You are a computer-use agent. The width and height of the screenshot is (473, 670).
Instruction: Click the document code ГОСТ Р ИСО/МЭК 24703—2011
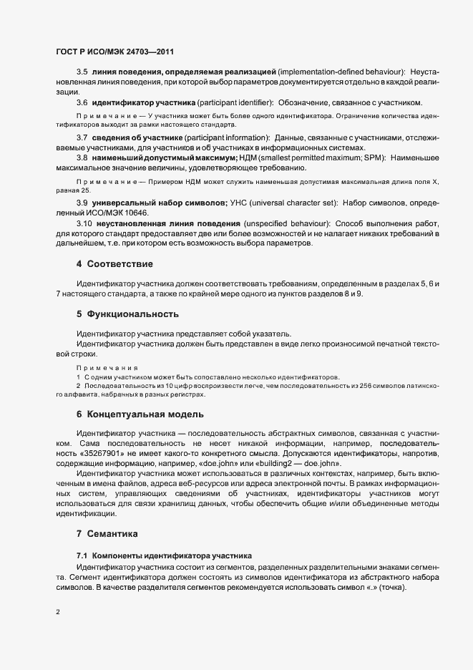click(x=114, y=52)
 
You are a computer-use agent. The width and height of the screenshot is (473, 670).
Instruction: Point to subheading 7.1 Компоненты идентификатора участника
click(x=164, y=555)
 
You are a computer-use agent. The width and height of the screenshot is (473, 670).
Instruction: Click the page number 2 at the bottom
click(x=58, y=612)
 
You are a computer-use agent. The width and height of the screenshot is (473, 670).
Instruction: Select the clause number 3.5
click(x=82, y=73)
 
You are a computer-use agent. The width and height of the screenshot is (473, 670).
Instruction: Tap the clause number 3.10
click(x=84, y=223)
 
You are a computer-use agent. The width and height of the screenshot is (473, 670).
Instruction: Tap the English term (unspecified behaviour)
click(x=287, y=223)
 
